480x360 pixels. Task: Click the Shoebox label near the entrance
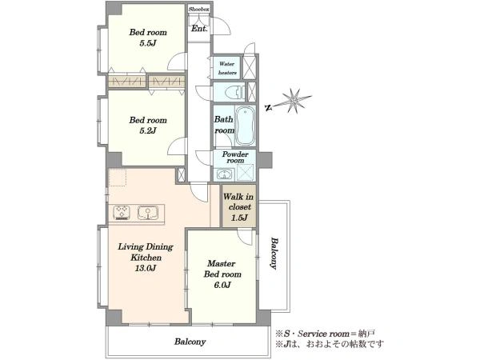point(199,9)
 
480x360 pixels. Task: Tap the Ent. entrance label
point(199,29)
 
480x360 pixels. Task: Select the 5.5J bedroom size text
point(148,43)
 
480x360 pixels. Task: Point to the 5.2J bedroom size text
point(148,130)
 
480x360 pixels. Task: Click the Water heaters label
point(227,68)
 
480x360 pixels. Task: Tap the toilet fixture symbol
point(234,92)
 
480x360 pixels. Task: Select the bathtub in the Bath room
point(246,126)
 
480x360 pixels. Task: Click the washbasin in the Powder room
point(225,174)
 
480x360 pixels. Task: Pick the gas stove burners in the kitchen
point(122,213)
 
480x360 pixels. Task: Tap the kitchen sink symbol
point(148,213)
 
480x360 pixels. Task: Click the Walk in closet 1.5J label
point(238,207)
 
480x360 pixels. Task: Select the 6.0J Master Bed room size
point(222,285)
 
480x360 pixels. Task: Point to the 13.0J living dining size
point(146,269)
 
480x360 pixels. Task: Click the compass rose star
point(294,100)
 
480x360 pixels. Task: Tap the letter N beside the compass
point(269,108)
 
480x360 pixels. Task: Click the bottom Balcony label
point(190,342)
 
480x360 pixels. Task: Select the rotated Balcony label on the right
point(274,253)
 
